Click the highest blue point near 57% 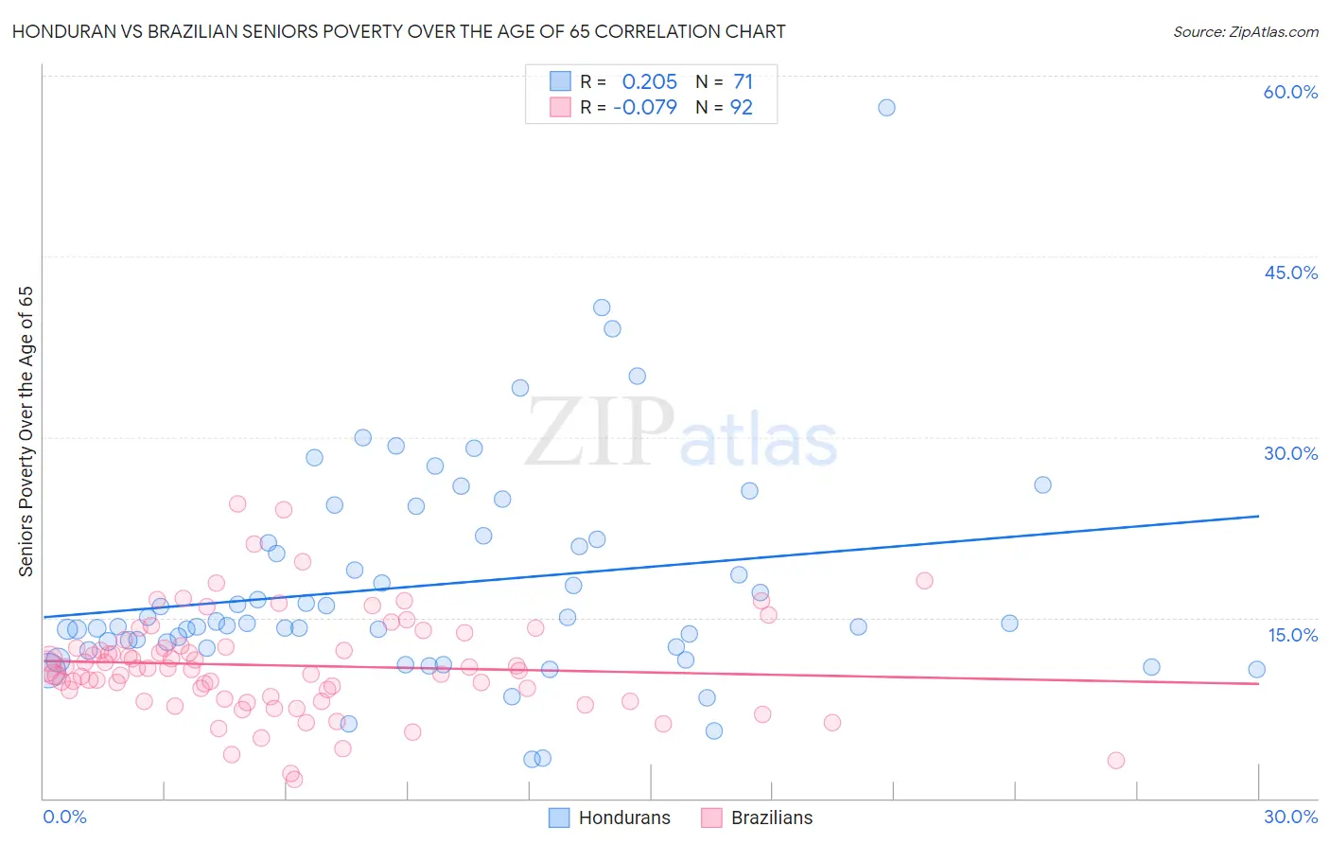click(x=886, y=108)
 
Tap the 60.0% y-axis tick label click(x=1290, y=92)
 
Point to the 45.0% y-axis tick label click(x=1290, y=273)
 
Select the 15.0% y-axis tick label click(x=1292, y=635)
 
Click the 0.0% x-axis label click(x=64, y=817)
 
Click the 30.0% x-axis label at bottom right click(x=1290, y=817)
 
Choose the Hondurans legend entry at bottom click(x=610, y=818)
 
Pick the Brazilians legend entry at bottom click(x=758, y=818)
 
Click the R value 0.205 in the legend click(x=649, y=82)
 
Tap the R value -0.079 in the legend click(x=645, y=108)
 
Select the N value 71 click(x=743, y=82)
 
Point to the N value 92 click(x=742, y=108)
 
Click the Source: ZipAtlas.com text click(x=1245, y=32)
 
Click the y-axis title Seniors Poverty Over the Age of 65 click(x=26, y=431)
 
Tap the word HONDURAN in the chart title click(x=56, y=32)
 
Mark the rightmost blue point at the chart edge click(x=1256, y=670)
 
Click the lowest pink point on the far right click(x=1116, y=761)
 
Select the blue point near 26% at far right click(x=1042, y=485)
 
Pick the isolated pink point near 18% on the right click(x=924, y=581)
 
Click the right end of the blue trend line click(x=1259, y=516)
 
